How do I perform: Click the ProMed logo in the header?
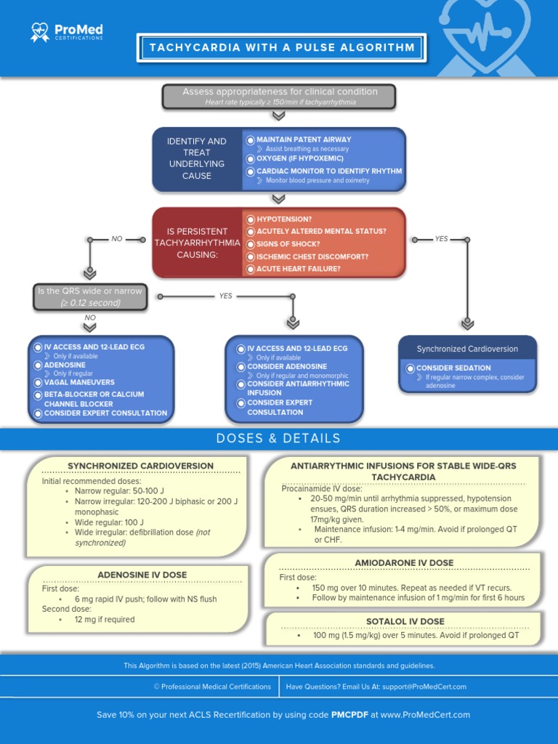(67, 32)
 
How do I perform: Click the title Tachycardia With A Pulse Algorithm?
(282, 48)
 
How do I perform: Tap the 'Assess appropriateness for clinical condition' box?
(279, 96)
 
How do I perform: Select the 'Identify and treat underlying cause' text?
(197, 158)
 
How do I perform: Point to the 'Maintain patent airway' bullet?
(303, 139)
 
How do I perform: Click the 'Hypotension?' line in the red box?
(283, 219)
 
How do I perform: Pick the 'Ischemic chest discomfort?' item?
(312, 256)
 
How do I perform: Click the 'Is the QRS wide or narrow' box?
(91, 296)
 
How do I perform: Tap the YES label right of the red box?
(441, 239)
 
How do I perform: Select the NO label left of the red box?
(117, 239)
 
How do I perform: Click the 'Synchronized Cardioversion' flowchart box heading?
(467, 349)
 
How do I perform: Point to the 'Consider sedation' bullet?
(453, 368)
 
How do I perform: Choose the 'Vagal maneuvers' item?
(79, 382)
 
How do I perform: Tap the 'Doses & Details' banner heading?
(278, 438)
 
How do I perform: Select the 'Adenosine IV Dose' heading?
(142, 575)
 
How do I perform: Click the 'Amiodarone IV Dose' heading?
(404, 563)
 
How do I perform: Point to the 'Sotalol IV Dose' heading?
(405, 621)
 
